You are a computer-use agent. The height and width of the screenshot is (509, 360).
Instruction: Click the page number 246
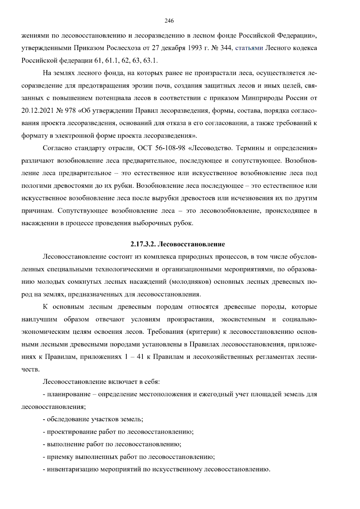(x=169, y=21)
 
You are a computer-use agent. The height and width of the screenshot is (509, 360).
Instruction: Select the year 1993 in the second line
(x=187, y=48)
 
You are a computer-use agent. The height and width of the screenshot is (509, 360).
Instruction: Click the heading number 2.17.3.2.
(x=142, y=244)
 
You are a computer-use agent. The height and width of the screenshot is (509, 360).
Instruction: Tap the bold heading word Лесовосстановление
(x=191, y=244)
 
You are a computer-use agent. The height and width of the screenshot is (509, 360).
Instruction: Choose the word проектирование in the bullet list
(x=70, y=432)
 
